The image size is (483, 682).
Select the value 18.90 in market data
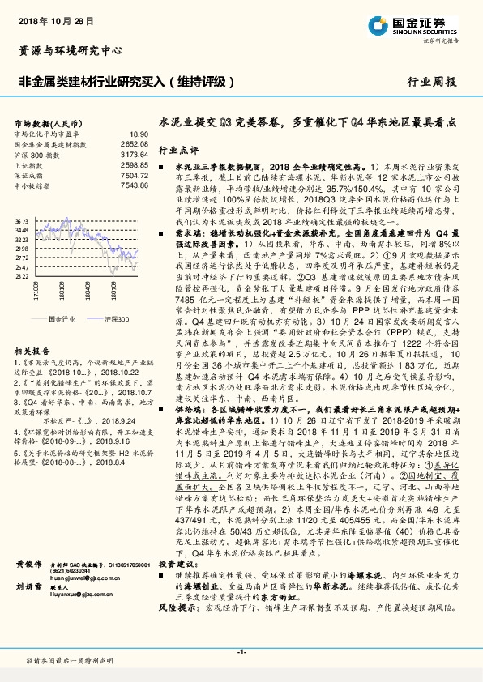click(139, 134)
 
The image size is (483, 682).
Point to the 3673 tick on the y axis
click(22, 220)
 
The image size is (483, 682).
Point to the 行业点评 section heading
click(178, 151)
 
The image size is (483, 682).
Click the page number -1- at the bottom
click(241, 652)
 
